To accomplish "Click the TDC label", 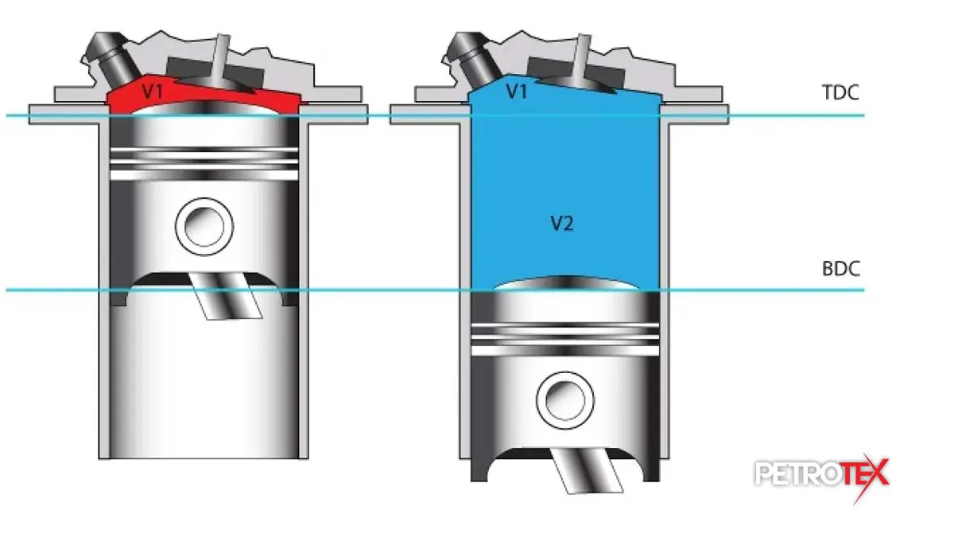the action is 840,92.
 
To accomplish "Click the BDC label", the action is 841,269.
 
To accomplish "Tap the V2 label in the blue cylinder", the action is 562,224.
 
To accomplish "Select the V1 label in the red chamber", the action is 153,91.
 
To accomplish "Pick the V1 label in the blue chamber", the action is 517,91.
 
